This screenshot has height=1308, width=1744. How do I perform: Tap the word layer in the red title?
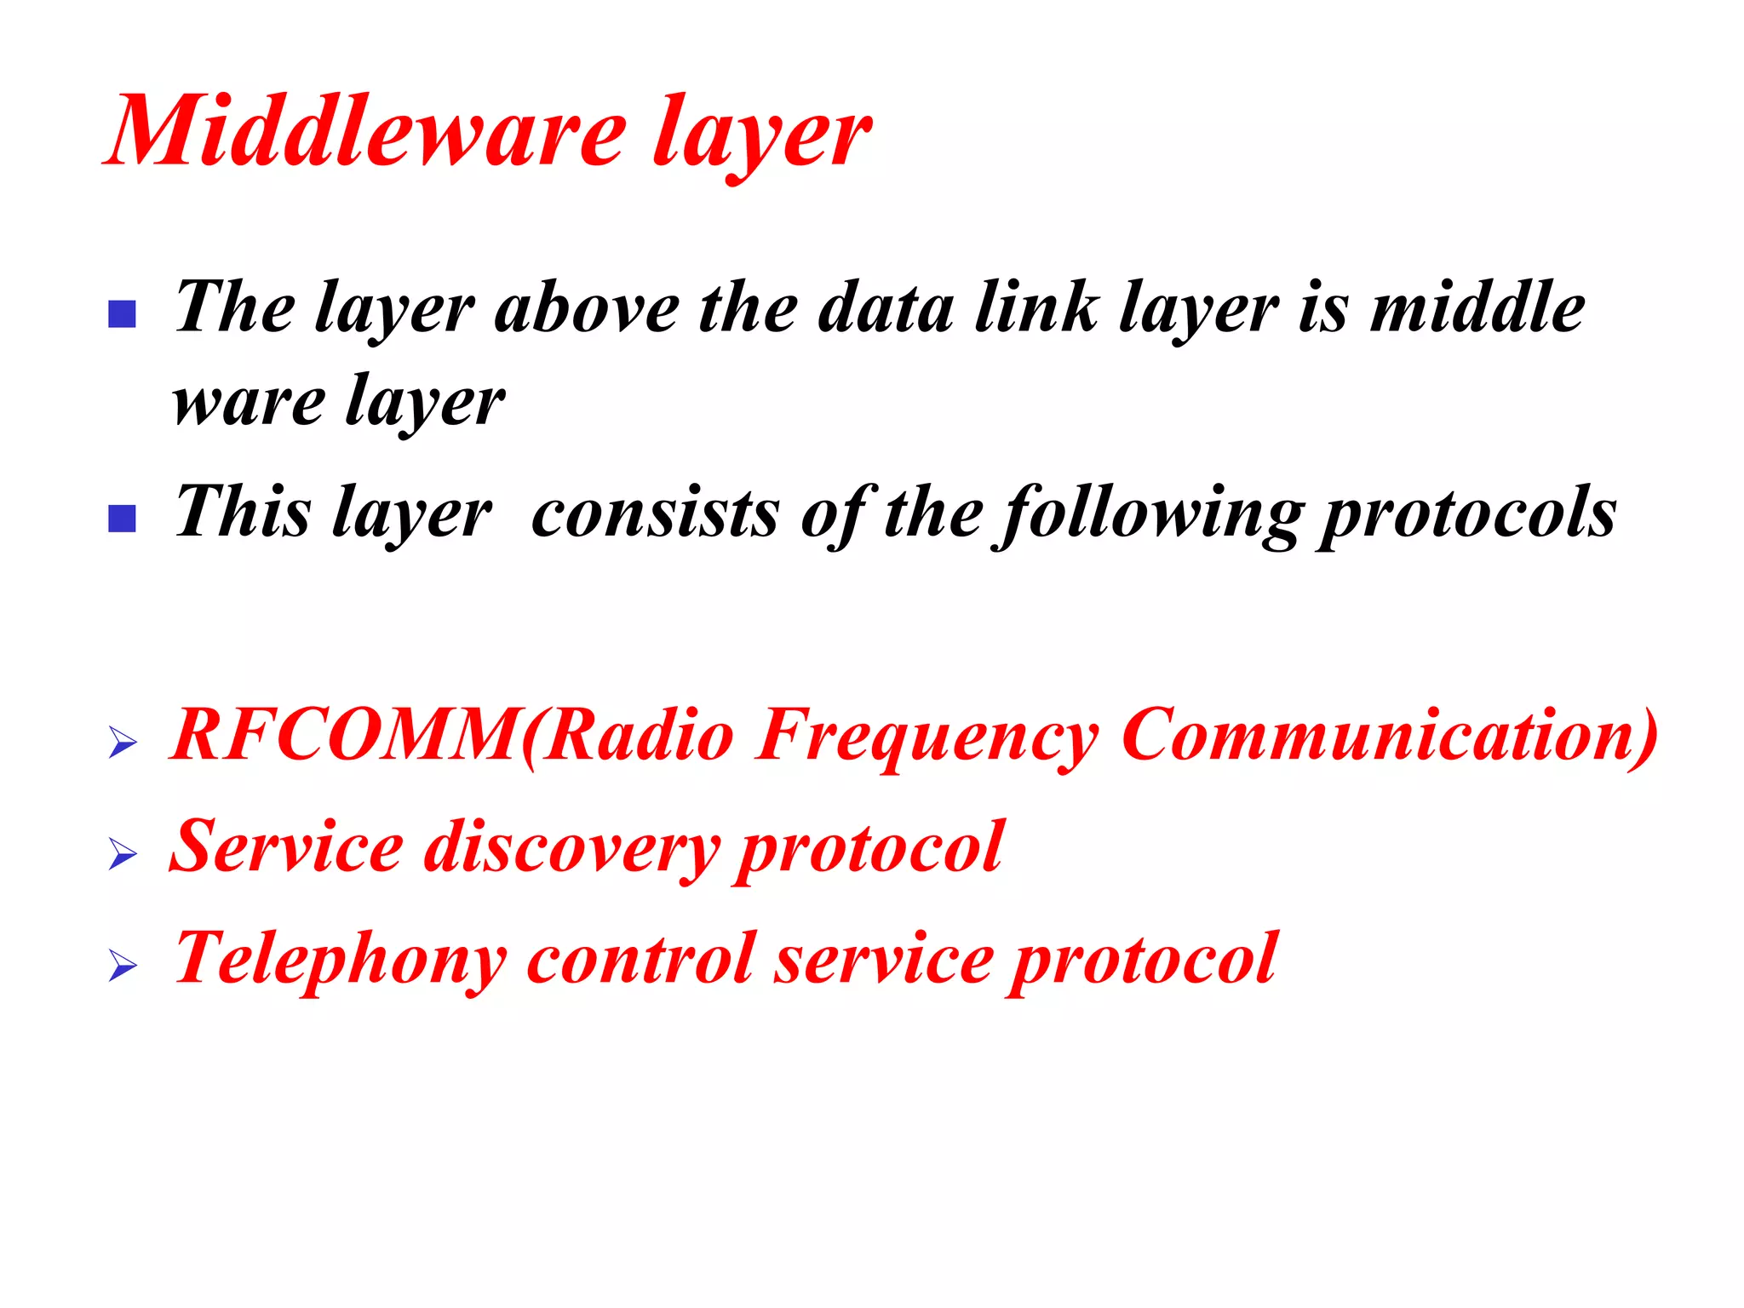coord(762,136)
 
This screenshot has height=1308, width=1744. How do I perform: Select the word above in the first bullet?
coord(588,308)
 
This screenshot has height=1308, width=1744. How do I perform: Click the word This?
coord(243,513)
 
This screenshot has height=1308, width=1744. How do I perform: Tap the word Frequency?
coord(928,736)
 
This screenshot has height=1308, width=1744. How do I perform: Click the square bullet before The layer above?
coord(123,314)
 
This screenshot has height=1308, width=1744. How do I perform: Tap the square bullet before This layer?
coord(123,519)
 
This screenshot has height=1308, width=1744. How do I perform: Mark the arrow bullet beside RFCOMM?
coord(123,743)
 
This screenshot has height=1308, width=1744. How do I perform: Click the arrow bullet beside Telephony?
coord(123,967)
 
